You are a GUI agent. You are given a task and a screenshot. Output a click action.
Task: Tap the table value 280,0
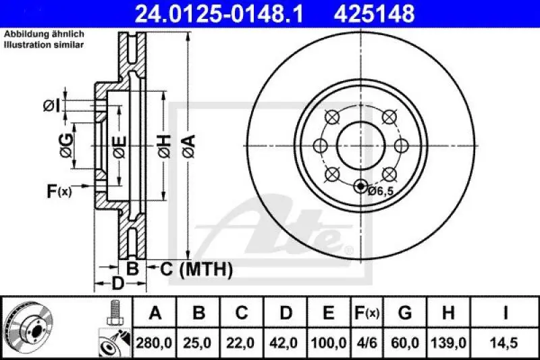click(155, 343)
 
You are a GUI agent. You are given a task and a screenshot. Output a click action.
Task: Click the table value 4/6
click(368, 343)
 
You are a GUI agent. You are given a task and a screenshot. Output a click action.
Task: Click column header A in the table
click(155, 313)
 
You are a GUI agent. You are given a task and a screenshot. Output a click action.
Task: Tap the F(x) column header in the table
click(368, 313)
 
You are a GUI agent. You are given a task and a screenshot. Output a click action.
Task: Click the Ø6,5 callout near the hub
click(381, 191)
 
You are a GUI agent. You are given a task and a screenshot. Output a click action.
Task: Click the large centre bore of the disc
click(360, 145)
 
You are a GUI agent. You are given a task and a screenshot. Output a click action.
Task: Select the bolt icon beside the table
click(113, 313)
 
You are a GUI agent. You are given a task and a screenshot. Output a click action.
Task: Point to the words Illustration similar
click(44, 45)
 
